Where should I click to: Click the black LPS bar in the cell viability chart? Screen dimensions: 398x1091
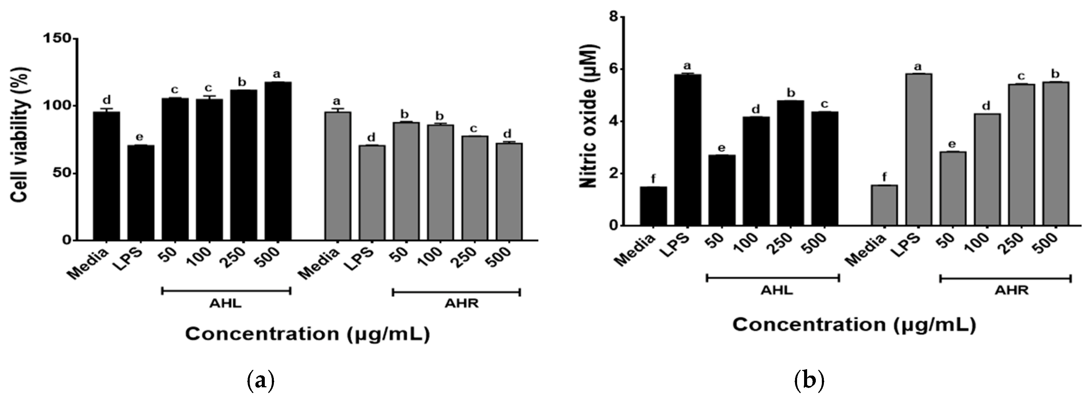tap(141, 192)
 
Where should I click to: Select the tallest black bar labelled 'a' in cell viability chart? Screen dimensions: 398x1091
tap(278, 161)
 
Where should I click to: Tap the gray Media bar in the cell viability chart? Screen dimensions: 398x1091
tap(338, 175)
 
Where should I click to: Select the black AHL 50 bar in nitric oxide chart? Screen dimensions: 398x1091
tap(722, 190)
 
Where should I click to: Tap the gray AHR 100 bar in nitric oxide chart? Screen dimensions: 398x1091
tap(987, 169)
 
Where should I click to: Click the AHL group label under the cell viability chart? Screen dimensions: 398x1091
tap(225, 304)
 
